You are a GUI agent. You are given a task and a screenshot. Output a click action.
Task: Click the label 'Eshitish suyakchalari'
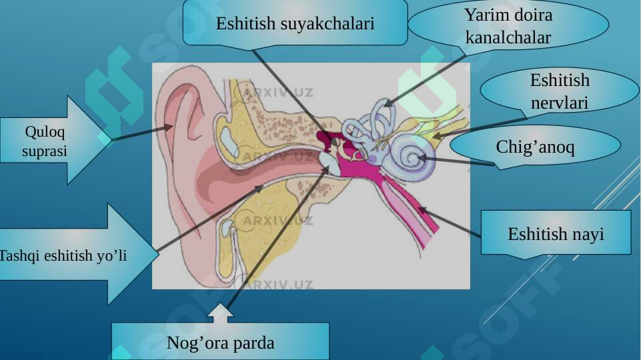click(x=295, y=23)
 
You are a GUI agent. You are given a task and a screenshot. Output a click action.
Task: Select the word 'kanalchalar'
click(x=508, y=37)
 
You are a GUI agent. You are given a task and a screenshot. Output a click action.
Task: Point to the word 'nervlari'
click(x=559, y=103)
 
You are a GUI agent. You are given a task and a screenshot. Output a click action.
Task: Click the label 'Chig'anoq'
click(x=535, y=147)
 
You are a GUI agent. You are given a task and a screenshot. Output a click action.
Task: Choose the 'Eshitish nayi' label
click(x=556, y=234)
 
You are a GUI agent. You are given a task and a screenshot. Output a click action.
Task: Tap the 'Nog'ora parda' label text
click(x=220, y=343)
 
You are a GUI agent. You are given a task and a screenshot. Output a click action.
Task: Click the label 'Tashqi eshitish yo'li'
click(x=63, y=256)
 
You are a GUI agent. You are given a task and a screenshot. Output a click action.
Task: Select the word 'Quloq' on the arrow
click(x=45, y=132)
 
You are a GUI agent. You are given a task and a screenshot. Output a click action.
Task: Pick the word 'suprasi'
click(x=45, y=151)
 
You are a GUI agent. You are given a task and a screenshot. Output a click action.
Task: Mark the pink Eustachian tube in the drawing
click(x=405, y=209)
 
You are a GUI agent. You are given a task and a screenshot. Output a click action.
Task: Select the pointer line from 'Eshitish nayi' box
click(x=450, y=222)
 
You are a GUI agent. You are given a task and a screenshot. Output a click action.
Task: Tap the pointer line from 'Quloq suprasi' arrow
click(x=142, y=133)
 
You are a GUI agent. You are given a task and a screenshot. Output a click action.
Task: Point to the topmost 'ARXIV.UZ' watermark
click(x=278, y=93)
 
